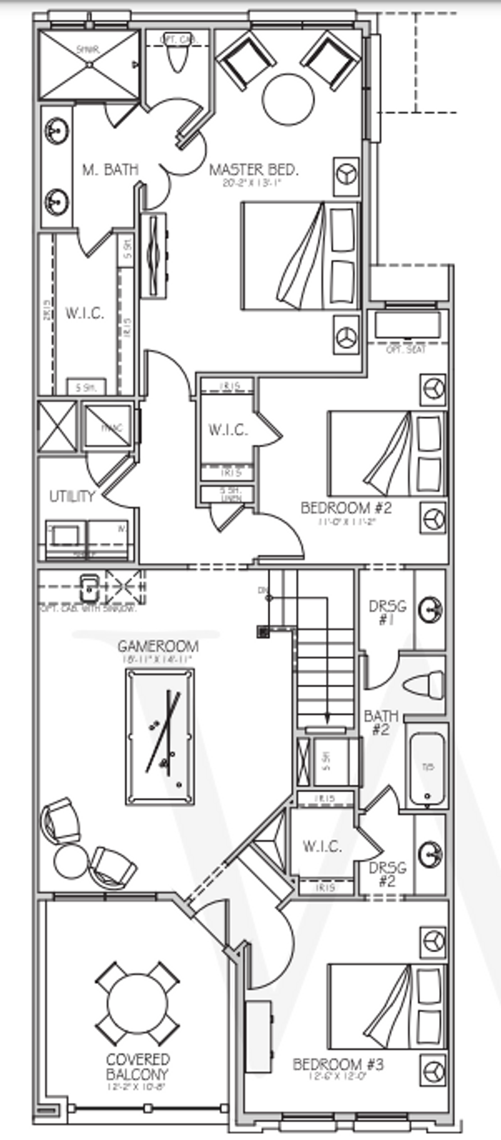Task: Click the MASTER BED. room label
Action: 253,170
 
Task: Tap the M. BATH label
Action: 110,170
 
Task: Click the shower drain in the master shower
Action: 89,65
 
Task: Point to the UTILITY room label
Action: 72,497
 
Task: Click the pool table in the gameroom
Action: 160,737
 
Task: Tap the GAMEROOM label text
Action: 158,646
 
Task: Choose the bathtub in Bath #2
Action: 426,770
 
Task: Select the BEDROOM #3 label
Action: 338,1064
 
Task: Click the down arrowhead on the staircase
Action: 326,718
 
